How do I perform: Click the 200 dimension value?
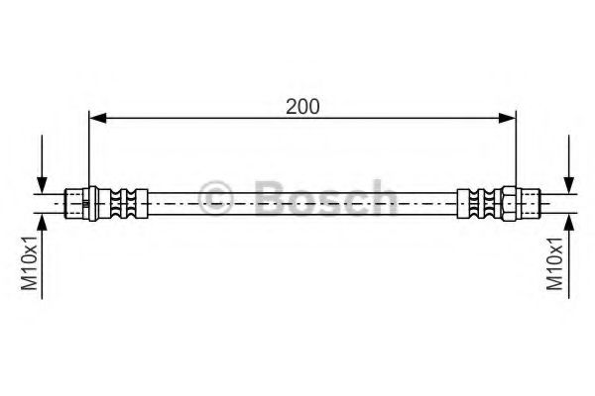[302, 106]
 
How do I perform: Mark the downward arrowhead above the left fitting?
[42, 183]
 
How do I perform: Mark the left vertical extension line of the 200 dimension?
[89, 148]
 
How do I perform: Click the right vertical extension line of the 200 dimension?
[516, 148]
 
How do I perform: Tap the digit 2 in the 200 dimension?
[290, 106]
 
